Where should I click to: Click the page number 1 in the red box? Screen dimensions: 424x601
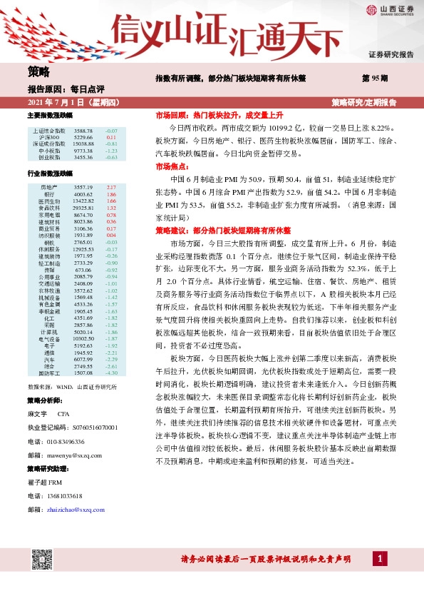pos(381,558)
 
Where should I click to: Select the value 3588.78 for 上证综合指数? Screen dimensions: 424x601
pos(83,131)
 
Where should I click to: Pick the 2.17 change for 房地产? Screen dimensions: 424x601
pos(111,187)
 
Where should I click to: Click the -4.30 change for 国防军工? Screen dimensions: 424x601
pos(110,373)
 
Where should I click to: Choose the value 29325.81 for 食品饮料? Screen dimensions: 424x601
pos(84,208)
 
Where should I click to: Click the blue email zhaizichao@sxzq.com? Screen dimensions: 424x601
pos(76,510)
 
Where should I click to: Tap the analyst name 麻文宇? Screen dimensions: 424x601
pos(36,413)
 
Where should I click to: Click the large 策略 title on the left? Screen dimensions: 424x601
pos(39,72)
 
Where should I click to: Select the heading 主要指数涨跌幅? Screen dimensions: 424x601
pos(49,115)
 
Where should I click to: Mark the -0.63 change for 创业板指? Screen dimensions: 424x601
pos(110,157)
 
